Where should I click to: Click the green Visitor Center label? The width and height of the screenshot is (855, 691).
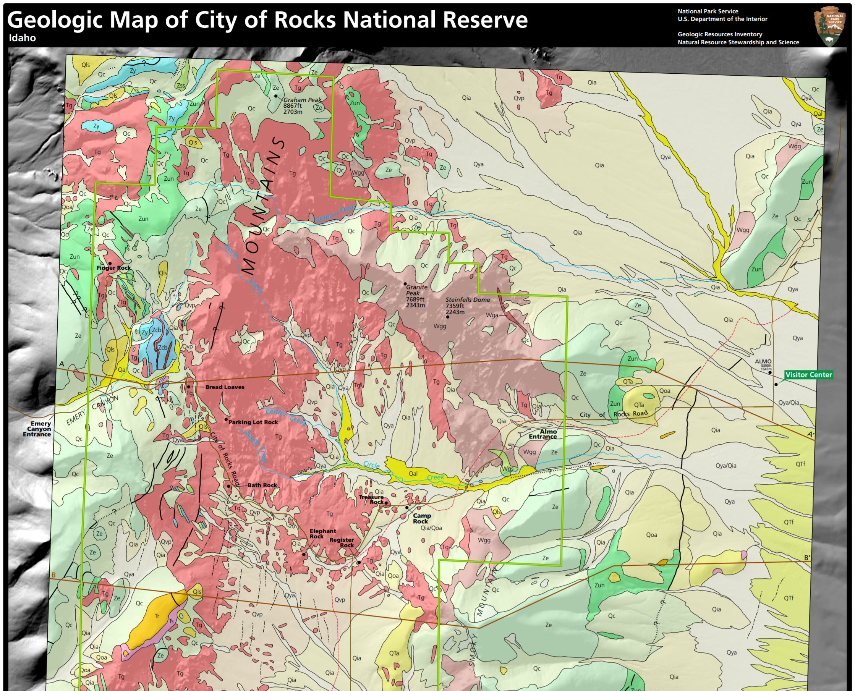pos(808,375)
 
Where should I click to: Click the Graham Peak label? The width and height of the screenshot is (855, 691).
pos(302,100)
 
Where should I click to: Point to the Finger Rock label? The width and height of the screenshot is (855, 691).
pos(113,268)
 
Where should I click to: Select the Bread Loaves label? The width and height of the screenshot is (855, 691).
pos(225,387)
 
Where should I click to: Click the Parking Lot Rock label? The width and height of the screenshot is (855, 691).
pos(253,422)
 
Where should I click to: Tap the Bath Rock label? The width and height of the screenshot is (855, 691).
pos(262,485)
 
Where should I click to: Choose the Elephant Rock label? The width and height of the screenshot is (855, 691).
pos(322,533)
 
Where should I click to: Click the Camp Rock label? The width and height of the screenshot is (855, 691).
pos(421,518)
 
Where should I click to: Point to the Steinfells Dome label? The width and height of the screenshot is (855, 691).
pos(467,300)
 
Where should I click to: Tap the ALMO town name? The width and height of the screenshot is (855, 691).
pos(763,361)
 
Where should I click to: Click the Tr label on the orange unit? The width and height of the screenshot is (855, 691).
pos(157,616)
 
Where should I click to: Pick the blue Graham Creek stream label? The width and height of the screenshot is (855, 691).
pos(335,214)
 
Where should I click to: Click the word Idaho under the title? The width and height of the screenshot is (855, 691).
pos(22,38)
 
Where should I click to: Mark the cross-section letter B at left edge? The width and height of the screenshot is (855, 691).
pos(54,575)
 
